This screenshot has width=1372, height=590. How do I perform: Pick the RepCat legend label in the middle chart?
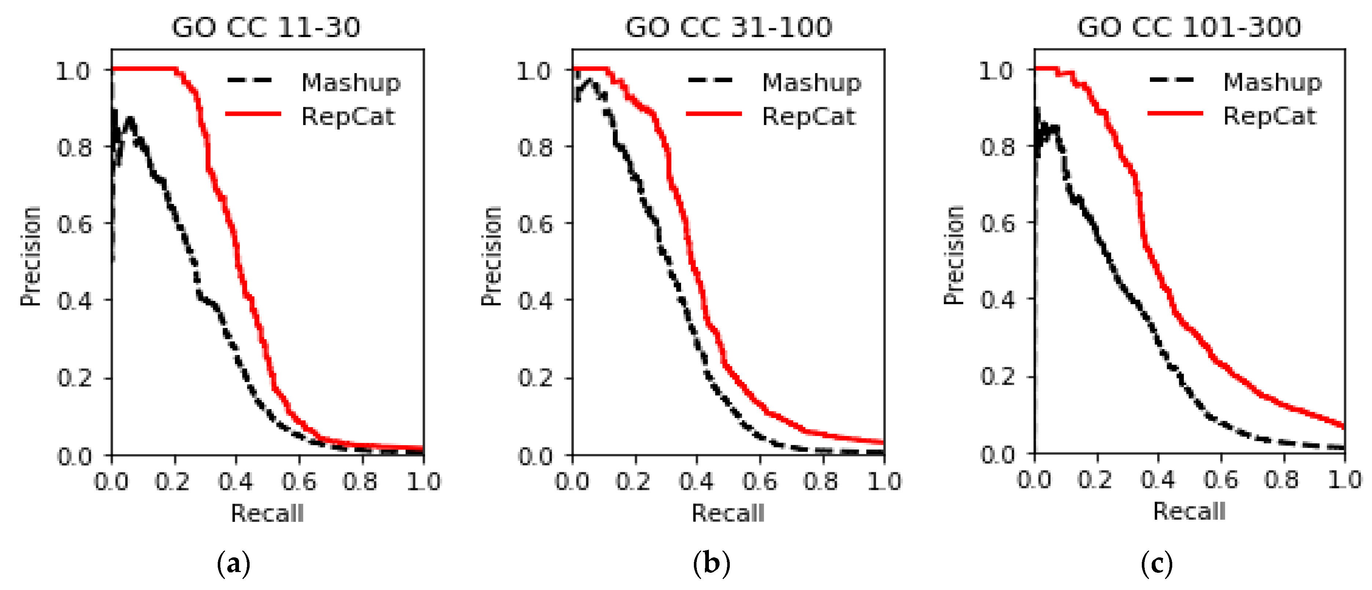[809, 116]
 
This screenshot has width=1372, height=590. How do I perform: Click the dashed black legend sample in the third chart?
[1172, 80]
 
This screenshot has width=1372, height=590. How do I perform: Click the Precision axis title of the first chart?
[30, 256]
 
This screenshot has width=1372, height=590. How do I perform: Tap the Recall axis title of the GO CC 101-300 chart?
[1189, 511]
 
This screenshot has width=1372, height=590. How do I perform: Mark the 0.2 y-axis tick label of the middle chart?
[535, 378]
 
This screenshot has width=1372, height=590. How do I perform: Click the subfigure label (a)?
[233, 563]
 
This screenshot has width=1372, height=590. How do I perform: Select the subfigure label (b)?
[711, 563]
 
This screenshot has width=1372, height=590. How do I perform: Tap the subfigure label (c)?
[1156, 563]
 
